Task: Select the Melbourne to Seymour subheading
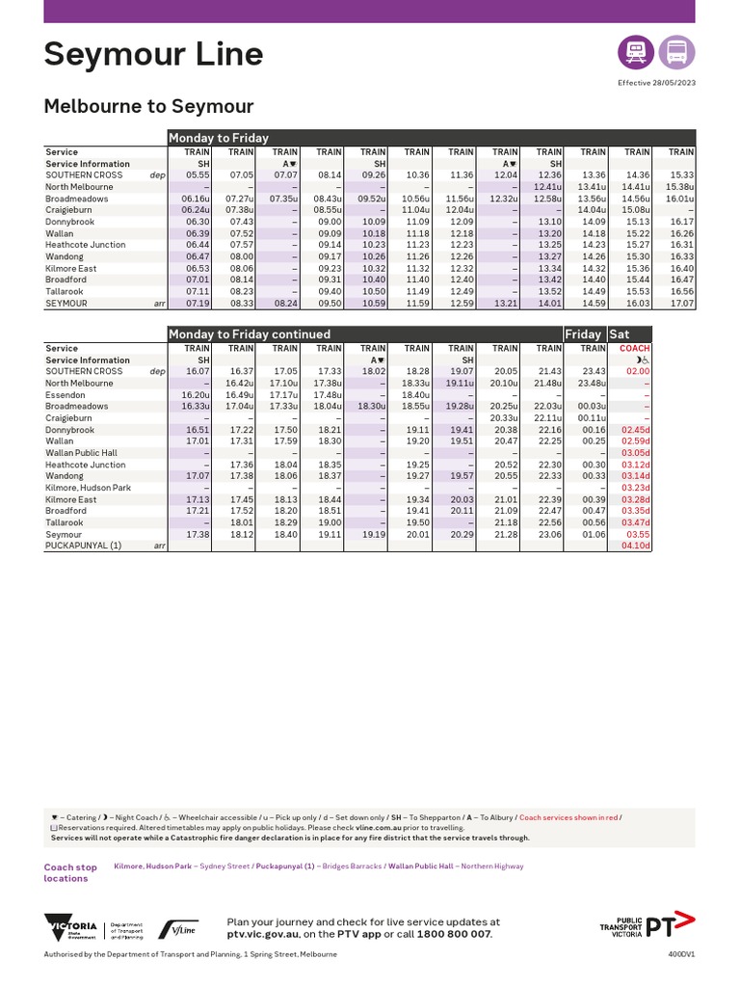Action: [148, 106]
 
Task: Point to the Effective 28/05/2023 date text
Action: [656, 84]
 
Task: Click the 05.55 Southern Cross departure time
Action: [197, 175]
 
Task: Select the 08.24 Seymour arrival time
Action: [285, 303]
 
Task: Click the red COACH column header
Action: [635, 349]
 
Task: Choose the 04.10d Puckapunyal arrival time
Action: [635, 546]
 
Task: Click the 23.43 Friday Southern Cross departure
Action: [592, 372]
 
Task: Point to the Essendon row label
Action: [66, 395]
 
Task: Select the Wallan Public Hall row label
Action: [81, 453]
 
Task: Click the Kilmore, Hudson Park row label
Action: [88, 488]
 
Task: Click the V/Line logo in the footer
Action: [178, 929]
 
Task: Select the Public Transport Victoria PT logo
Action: [646, 927]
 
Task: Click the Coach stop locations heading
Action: [70, 872]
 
